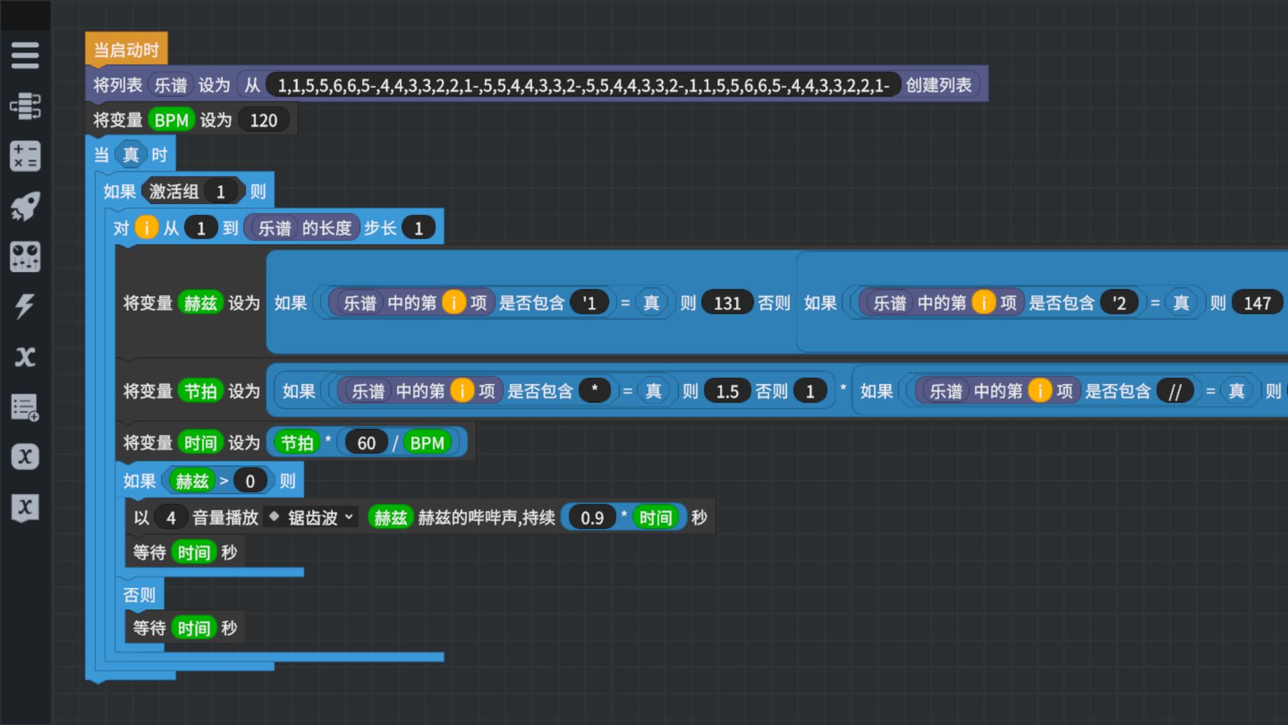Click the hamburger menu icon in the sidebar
pos(25,55)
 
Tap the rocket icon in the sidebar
pos(25,206)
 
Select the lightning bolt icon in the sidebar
pos(25,306)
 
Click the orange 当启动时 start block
pos(126,50)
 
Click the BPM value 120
pos(264,120)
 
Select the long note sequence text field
pos(583,85)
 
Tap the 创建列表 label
pos(938,85)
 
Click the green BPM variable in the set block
pos(171,120)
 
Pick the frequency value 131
pos(727,303)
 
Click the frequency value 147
pos(1257,303)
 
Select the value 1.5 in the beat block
pos(727,391)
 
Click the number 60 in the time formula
pos(366,443)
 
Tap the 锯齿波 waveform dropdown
pos(312,518)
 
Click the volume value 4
pos(171,518)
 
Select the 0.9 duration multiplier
pos(592,518)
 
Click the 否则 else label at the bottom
pos(140,595)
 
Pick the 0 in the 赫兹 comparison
pos(250,481)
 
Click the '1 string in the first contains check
pos(589,303)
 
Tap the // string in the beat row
pos(1175,391)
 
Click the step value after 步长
pos(419,228)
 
